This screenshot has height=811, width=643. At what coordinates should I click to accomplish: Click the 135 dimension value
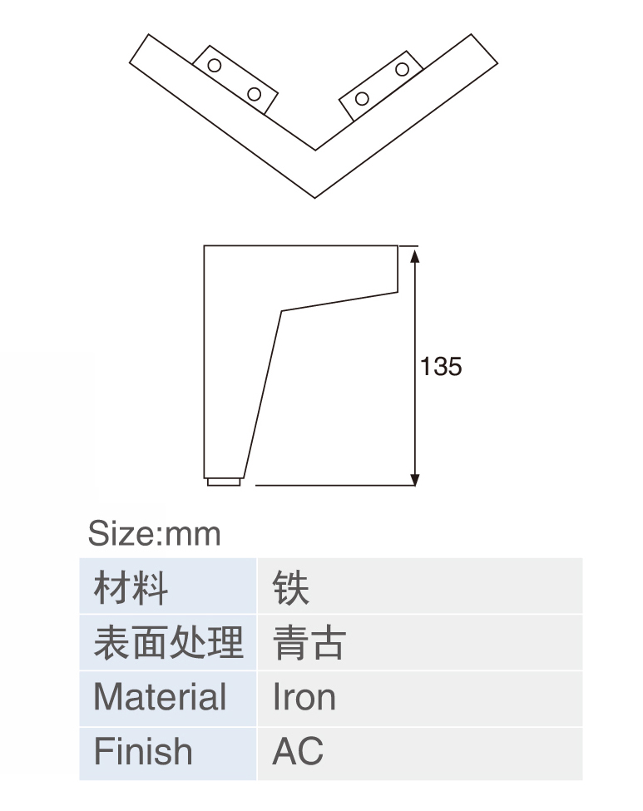coord(441,366)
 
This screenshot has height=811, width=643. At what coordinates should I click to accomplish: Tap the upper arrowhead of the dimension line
coord(415,255)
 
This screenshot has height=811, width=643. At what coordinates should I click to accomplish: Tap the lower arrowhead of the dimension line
coord(415,479)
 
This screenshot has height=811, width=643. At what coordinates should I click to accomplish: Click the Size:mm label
coord(154,534)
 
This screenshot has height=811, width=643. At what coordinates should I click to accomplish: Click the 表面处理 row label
coord(168,642)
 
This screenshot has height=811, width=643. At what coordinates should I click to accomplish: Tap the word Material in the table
coord(160,697)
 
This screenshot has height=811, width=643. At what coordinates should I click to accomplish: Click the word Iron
coord(304,697)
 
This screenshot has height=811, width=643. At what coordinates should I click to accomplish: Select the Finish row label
coord(143,751)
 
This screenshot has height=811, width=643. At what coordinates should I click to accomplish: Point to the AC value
coord(298,751)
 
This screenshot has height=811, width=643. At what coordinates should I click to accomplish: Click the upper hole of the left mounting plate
coord(214,65)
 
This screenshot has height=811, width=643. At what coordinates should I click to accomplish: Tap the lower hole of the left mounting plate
coord(254,94)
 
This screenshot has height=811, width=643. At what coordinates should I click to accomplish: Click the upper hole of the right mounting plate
coord(402,69)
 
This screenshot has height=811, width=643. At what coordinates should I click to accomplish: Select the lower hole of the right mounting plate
coord(362,98)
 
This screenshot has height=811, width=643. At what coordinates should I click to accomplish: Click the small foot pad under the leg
coord(224,482)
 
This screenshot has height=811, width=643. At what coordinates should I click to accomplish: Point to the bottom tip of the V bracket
coord(315,198)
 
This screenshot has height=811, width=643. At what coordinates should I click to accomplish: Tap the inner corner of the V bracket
coord(315,150)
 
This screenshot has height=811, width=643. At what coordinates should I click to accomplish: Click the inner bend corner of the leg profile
coord(281,311)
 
